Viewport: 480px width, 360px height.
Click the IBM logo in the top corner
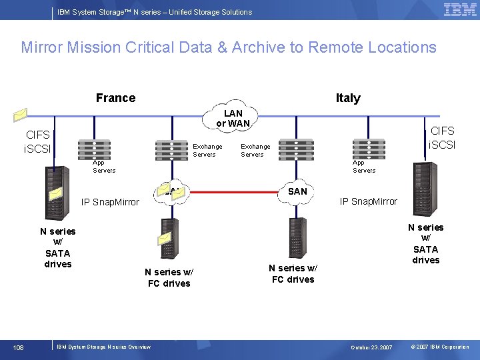460,9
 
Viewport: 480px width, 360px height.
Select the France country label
115,98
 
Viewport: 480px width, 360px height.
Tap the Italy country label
348,98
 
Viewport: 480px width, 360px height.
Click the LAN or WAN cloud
233,118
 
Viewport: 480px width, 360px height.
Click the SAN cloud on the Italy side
297,191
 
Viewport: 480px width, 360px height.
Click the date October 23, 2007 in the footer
373,347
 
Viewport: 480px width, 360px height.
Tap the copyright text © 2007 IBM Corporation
440,347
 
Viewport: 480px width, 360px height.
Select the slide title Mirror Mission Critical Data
229,47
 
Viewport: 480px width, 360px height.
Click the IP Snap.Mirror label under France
110,202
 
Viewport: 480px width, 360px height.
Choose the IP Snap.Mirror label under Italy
368,201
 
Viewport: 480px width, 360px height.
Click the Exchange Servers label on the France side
207,151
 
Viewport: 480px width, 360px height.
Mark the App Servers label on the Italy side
364,167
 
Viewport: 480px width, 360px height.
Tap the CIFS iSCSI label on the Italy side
442,138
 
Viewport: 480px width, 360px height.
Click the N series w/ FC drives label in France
169,277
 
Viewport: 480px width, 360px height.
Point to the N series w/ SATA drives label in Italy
425,243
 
